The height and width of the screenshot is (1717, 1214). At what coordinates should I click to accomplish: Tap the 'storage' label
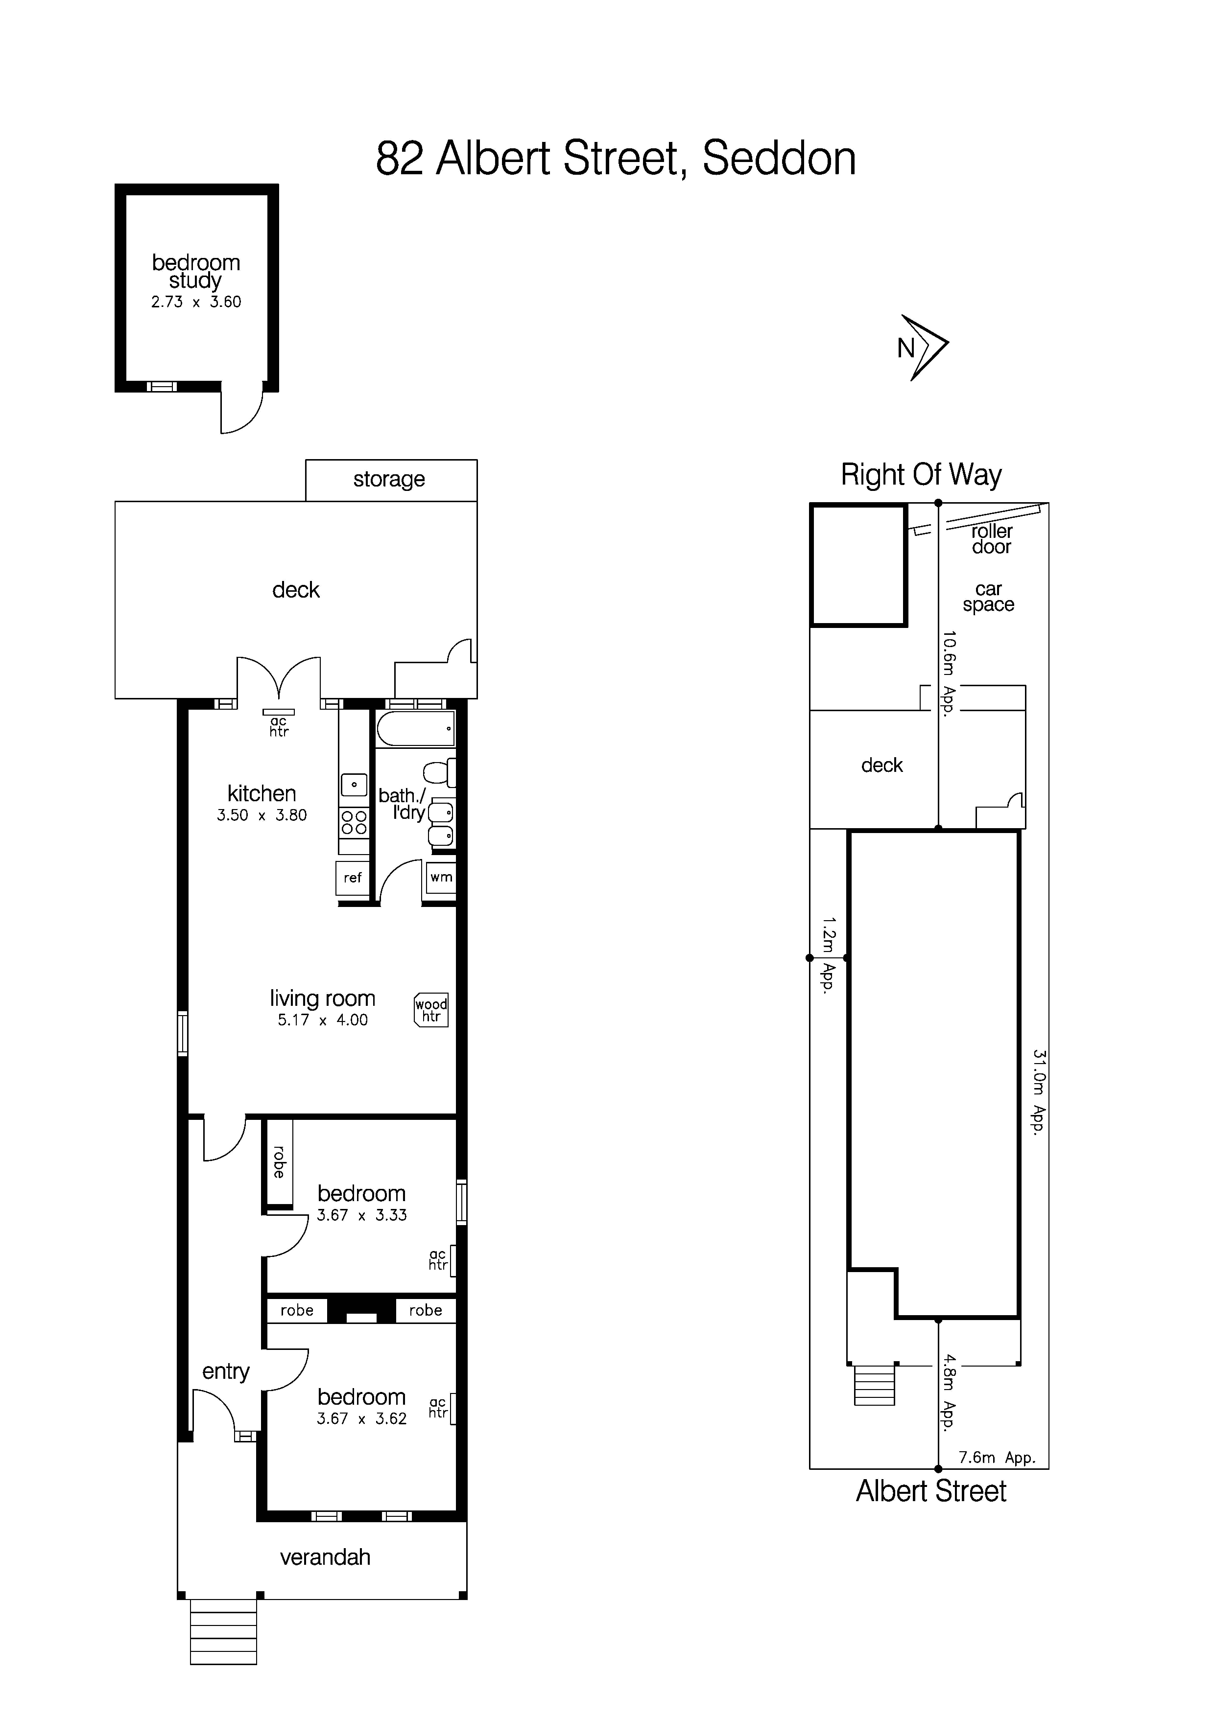pyautogui.click(x=389, y=479)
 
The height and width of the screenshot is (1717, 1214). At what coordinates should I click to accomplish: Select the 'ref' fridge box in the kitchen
pyautogui.click(x=352, y=878)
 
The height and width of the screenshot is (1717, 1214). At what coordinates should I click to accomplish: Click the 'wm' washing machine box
pyautogui.click(x=441, y=877)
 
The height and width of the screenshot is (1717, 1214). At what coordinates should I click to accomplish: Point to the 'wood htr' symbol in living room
pyautogui.click(x=431, y=1010)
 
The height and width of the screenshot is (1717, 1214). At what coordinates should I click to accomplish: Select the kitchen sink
pyautogui.click(x=354, y=785)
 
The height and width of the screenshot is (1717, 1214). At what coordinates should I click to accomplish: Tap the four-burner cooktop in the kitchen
pyautogui.click(x=354, y=823)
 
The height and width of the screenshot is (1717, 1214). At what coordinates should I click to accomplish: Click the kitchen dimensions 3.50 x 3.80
pyautogui.click(x=262, y=816)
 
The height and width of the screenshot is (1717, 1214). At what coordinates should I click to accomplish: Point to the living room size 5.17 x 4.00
pyautogui.click(x=322, y=1020)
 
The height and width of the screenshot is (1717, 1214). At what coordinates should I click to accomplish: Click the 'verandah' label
pyautogui.click(x=325, y=1557)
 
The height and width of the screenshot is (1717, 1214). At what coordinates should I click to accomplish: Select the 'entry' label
pyautogui.click(x=225, y=1371)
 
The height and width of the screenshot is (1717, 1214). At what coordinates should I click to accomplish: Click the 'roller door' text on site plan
pyautogui.click(x=991, y=539)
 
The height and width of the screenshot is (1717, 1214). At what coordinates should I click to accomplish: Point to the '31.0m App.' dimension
pyautogui.click(x=1038, y=1092)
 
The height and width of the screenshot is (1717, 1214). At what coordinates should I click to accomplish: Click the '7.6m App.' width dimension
pyautogui.click(x=997, y=1458)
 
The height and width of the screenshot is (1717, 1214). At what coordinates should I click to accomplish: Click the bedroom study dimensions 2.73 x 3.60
pyautogui.click(x=196, y=302)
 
